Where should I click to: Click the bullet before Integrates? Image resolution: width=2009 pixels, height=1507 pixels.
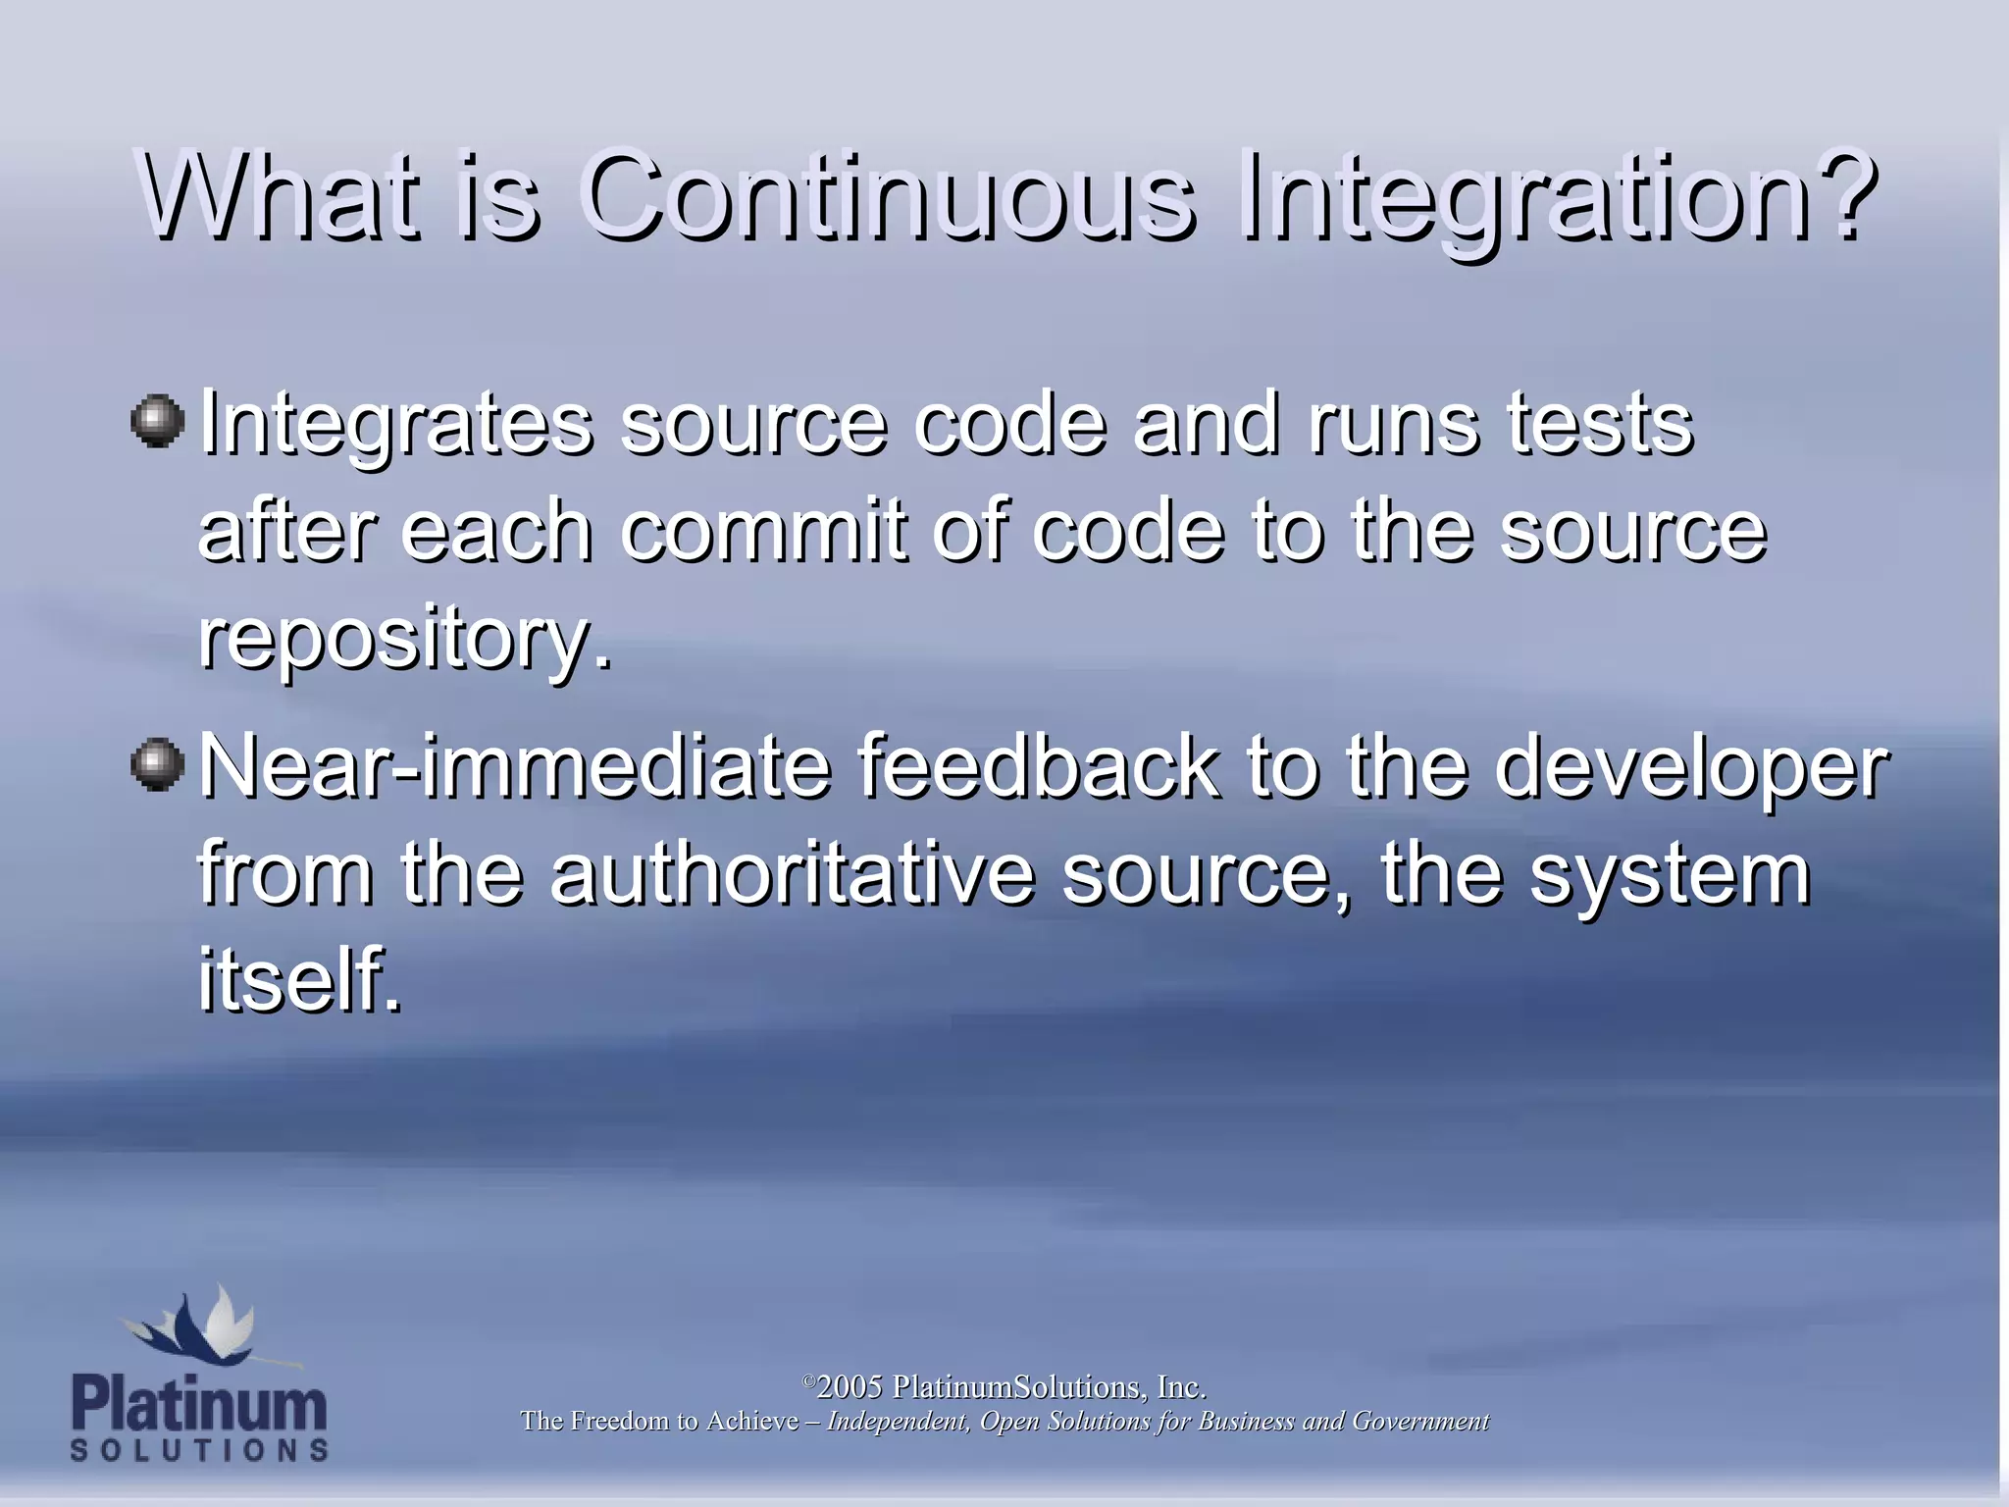pos(157,422)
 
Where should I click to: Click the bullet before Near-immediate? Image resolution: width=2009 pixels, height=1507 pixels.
pos(157,765)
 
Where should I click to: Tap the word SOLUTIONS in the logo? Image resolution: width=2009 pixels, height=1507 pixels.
pos(199,1450)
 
